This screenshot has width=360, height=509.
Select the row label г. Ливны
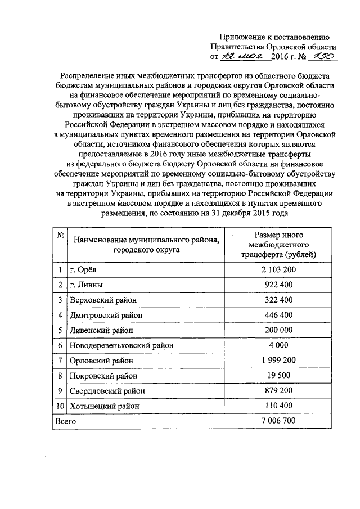click(x=86, y=285)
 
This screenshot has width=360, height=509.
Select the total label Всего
click(x=64, y=420)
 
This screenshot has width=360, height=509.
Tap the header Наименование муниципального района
click(x=145, y=240)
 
